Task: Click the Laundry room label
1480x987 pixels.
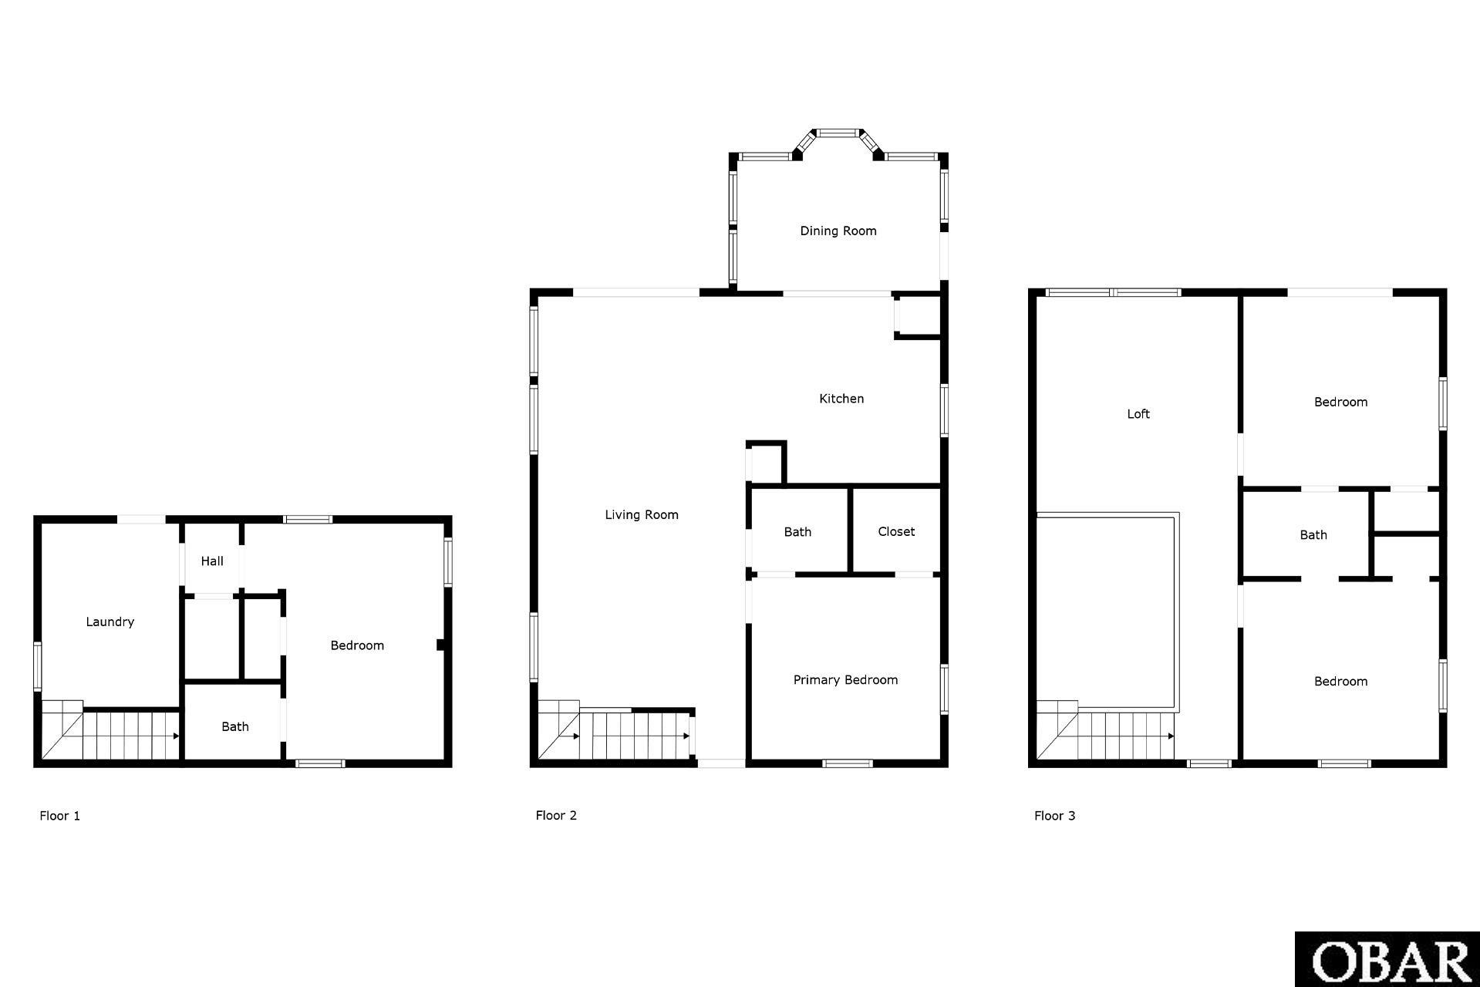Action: click(110, 622)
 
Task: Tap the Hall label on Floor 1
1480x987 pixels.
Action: click(212, 561)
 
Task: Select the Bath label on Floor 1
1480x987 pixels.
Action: click(235, 726)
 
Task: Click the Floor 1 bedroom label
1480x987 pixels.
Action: click(357, 645)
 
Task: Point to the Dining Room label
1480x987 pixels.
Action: click(838, 231)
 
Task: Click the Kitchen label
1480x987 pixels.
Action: click(841, 399)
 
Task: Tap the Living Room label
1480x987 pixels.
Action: click(642, 515)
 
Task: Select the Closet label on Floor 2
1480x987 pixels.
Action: click(896, 531)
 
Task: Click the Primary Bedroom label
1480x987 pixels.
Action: click(845, 680)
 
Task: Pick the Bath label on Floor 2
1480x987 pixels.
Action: click(797, 531)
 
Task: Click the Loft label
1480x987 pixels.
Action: click(1138, 414)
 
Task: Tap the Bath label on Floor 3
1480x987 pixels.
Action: click(1313, 534)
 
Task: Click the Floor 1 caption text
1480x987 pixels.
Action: click(60, 816)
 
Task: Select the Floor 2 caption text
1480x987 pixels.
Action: click(556, 816)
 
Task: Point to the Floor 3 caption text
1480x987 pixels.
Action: click(1054, 816)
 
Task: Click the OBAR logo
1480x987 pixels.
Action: click(1387, 959)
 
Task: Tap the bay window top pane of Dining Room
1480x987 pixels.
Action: click(838, 133)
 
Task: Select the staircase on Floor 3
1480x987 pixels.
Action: click(1105, 730)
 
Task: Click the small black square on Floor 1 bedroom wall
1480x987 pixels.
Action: click(441, 645)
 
